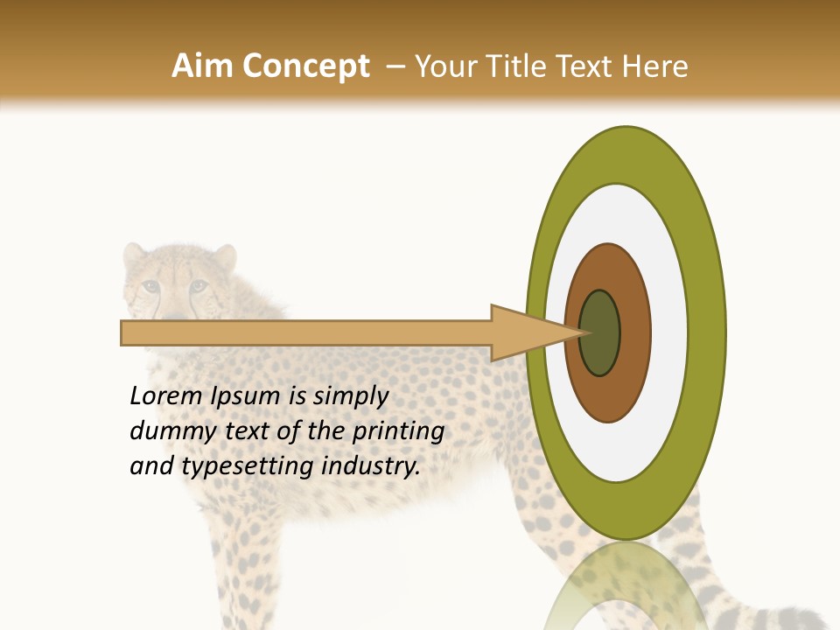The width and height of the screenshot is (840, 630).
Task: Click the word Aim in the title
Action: [201, 66]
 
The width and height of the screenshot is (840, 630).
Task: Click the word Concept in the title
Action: [304, 66]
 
